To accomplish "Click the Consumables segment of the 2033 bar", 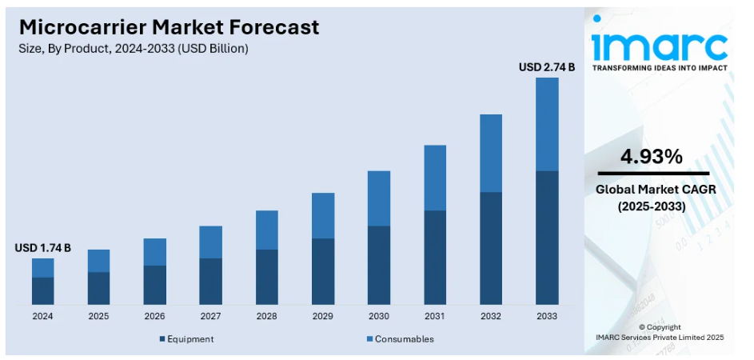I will coord(547,124).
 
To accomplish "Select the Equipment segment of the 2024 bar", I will coord(43,290).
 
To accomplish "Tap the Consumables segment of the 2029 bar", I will coord(323,215).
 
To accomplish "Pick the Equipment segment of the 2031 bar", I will coord(435,257).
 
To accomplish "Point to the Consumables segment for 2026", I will coord(155,252).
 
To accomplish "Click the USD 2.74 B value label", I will coord(547,68).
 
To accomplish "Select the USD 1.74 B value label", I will coord(43,249).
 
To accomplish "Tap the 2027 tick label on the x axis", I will coord(211,316).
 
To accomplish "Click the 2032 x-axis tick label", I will coord(491,316).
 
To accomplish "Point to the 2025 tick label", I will coord(99,316).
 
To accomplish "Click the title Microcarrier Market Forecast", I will coord(169,26).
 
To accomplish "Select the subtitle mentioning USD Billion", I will coord(134,49).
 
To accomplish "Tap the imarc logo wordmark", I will coord(659,43).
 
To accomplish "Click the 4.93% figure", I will coord(652,156).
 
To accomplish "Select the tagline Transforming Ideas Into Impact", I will coord(660,68).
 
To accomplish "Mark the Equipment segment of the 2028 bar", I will coord(267,277).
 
